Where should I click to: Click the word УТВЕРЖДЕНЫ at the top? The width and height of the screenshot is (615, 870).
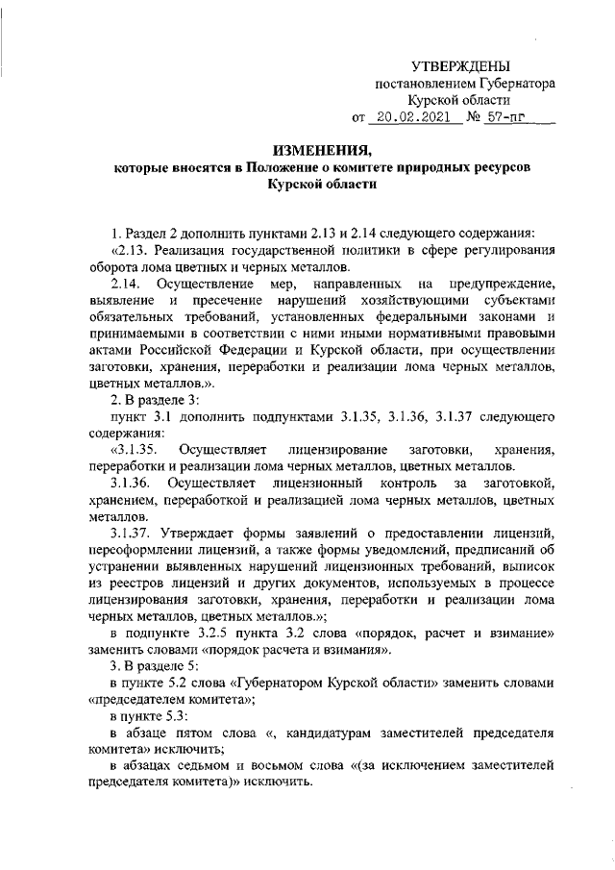pyautogui.click(x=459, y=66)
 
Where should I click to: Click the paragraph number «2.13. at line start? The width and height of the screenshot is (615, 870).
pyautogui.click(x=133, y=251)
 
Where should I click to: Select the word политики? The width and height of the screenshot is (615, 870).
pyautogui.click(x=353, y=251)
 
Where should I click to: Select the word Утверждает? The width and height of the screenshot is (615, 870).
pyautogui.click(x=203, y=533)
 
